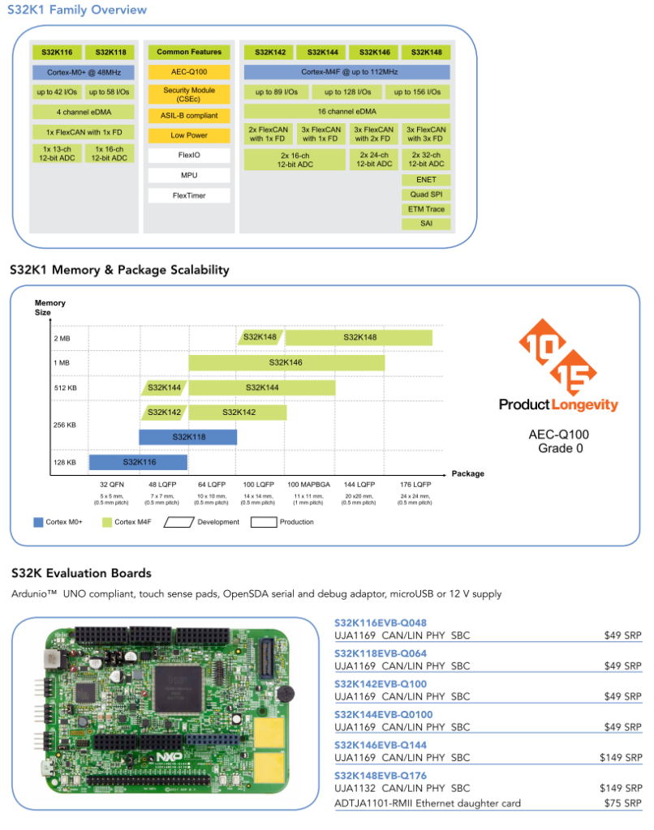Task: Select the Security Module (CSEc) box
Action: tap(189, 94)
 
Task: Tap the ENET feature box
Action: tap(425, 180)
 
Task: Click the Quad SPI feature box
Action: tap(425, 195)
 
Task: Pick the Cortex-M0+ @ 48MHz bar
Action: tap(84, 72)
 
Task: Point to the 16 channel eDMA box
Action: tap(346, 111)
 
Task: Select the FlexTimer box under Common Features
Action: tap(189, 195)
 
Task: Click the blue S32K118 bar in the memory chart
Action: tap(187, 437)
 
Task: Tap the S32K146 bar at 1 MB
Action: tap(286, 362)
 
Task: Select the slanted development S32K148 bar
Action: tap(259, 337)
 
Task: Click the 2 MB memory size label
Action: tap(62, 338)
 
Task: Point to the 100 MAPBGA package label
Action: tap(309, 485)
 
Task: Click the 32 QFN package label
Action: tap(112, 485)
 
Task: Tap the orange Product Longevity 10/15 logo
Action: tap(558, 357)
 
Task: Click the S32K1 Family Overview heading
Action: tap(78, 10)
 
